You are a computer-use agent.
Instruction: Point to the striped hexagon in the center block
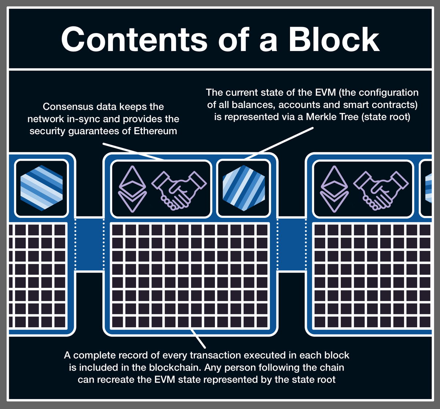click(243, 188)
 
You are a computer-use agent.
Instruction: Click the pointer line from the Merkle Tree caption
click(279, 143)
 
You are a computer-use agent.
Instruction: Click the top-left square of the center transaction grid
click(118, 230)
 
